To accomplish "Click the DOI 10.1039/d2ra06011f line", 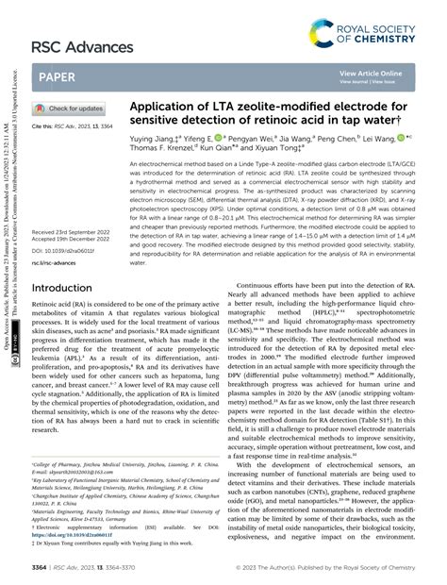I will (67, 226).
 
